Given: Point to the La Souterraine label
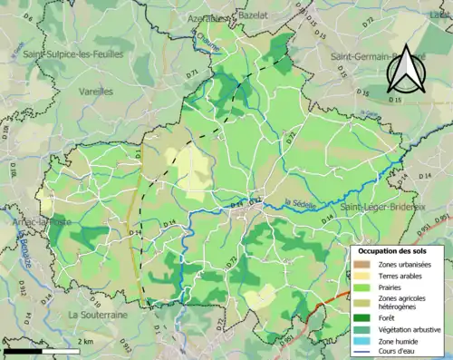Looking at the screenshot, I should pyautogui.click(x=98, y=314).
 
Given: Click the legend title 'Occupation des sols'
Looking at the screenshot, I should pyautogui.click(x=390, y=249).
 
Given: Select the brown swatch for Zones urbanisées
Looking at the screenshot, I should pyautogui.click(x=361, y=264).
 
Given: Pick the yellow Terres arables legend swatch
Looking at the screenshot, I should pyautogui.click(x=361, y=275).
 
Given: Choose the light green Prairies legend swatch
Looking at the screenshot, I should pyautogui.click(x=361, y=287).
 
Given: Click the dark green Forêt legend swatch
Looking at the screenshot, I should pyautogui.click(x=361, y=317).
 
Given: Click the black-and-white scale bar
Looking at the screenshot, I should pyautogui.click(x=42, y=350).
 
